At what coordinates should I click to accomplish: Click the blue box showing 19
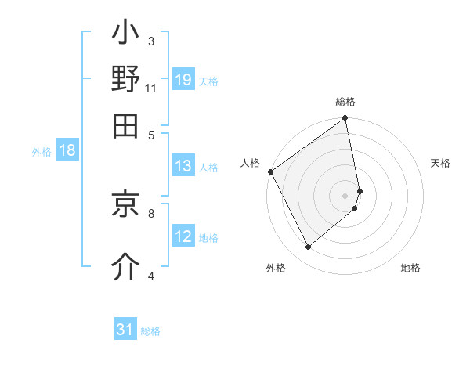183,80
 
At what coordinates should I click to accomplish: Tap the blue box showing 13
183,166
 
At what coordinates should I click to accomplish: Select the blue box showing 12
183,236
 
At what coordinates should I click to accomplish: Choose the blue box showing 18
67,151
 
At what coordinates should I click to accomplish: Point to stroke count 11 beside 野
151,88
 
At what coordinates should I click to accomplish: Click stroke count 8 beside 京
151,211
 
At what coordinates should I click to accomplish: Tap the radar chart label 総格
345,102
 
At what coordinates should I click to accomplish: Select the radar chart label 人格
250,163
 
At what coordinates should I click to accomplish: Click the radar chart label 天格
440,163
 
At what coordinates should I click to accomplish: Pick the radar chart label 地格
410,268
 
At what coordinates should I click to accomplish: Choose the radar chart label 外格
276,268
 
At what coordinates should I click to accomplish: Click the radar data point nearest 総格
345,119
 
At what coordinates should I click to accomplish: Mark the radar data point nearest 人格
270,171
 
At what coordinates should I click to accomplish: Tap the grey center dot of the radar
345,194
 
